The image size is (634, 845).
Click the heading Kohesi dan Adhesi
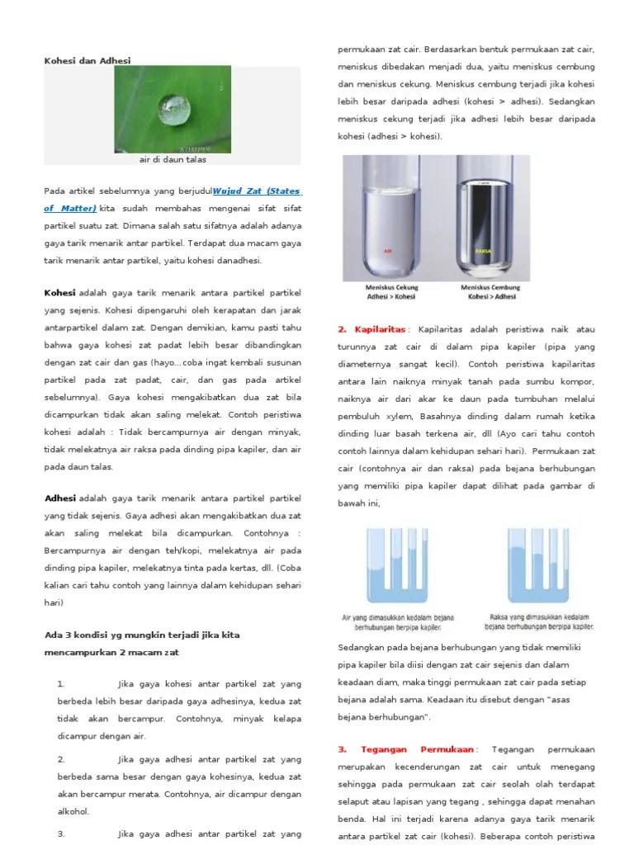pos(87,60)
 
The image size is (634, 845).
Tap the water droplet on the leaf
pos(173,104)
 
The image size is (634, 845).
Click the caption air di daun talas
pos(173,159)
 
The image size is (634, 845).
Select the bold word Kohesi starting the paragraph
pos(59,293)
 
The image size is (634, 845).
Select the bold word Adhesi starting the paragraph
pos(59,498)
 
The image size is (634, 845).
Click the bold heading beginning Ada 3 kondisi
pos(140,635)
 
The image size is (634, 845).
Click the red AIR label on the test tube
pos(388,250)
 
